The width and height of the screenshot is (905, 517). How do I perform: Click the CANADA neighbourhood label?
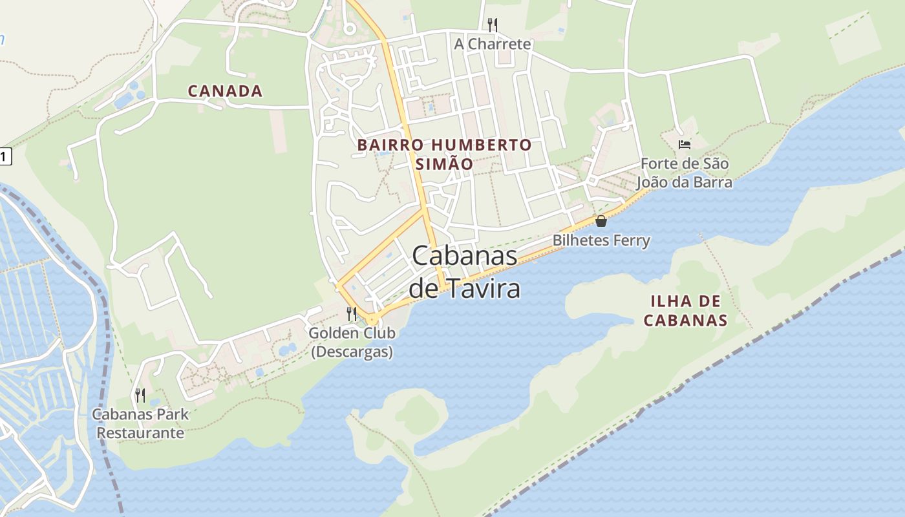[x=225, y=91]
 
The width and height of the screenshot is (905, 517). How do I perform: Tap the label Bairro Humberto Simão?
[x=444, y=154]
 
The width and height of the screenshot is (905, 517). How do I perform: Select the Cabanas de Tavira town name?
[x=465, y=272]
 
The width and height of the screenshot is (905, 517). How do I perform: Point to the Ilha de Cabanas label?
[x=686, y=310]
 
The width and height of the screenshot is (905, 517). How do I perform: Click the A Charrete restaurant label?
[x=492, y=44]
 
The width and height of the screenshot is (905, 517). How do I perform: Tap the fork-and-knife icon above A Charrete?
[x=492, y=25]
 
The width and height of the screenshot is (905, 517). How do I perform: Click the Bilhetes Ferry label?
[x=601, y=240]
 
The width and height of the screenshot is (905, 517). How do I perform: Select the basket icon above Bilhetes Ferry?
[x=601, y=221]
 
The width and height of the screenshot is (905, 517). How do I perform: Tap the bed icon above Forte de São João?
[x=685, y=144]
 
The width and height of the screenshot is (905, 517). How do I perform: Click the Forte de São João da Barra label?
[x=685, y=173]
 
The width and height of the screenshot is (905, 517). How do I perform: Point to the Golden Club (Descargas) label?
[x=352, y=343]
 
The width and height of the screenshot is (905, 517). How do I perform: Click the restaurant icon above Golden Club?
[x=352, y=314]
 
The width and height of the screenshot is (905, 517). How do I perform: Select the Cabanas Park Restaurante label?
[x=140, y=423]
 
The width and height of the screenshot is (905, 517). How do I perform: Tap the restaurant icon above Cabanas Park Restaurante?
[x=140, y=395]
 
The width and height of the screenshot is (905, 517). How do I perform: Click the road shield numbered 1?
[x=5, y=156]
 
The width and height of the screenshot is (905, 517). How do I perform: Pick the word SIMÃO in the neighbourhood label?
[x=444, y=164]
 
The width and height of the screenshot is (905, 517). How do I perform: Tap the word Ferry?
[x=632, y=240]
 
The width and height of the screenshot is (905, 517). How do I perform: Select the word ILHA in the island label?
[x=666, y=301]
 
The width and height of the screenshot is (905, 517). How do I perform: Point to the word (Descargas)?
[x=352, y=352]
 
